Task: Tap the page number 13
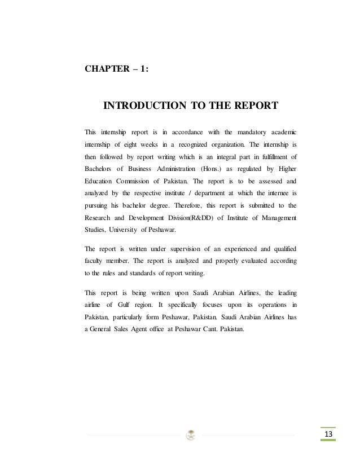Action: [x=327, y=433]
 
